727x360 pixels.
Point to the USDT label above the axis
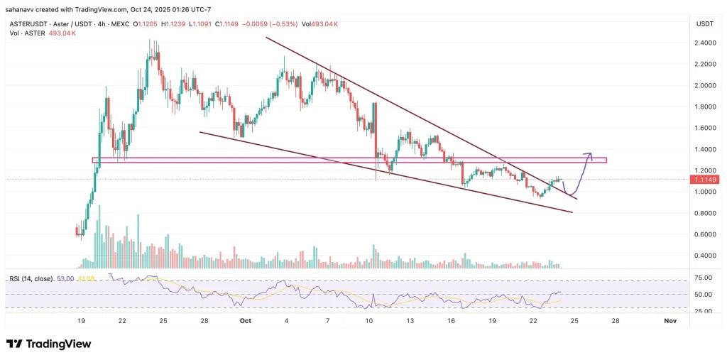click(704, 23)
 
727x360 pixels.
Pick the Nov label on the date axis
click(669, 321)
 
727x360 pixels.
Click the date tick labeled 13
click(410, 321)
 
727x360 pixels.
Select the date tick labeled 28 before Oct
click(204, 321)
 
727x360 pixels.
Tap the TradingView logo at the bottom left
click(49, 344)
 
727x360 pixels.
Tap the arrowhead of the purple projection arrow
click(589, 153)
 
